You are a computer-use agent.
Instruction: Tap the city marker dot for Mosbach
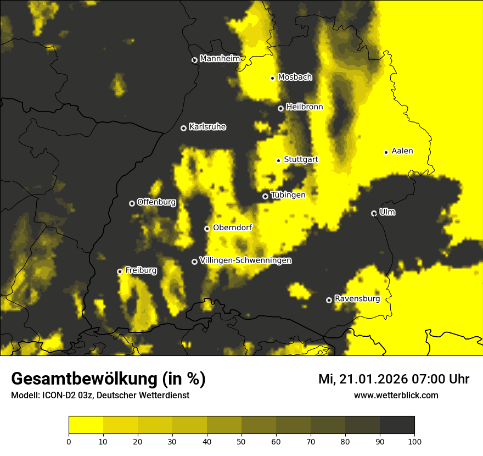tap(272, 78)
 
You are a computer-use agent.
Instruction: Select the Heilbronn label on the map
tap(305, 107)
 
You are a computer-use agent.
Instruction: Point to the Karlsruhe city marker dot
tap(183, 128)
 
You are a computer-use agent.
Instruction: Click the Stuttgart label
tap(301, 159)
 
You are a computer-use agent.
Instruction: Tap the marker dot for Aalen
tap(386, 152)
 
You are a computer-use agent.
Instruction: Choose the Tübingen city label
tap(288, 195)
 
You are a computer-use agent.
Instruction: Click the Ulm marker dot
tap(374, 213)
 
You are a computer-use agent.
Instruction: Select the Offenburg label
tap(156, 202)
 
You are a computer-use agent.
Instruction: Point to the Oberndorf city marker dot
tap(207, 229)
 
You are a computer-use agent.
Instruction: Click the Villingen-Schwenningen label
tap(245, 260)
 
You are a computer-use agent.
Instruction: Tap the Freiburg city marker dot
tap(120, 271)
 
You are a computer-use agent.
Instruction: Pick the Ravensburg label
tap(357, 299)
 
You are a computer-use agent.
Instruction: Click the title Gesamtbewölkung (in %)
tap(108, 379)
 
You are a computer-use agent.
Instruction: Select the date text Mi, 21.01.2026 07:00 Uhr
tap(394, 379)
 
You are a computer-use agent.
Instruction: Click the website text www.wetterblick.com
tap(396, 396)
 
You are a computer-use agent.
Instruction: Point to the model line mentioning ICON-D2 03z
tap(100, 396)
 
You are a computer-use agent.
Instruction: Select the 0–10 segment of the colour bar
tap(86, 425)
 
